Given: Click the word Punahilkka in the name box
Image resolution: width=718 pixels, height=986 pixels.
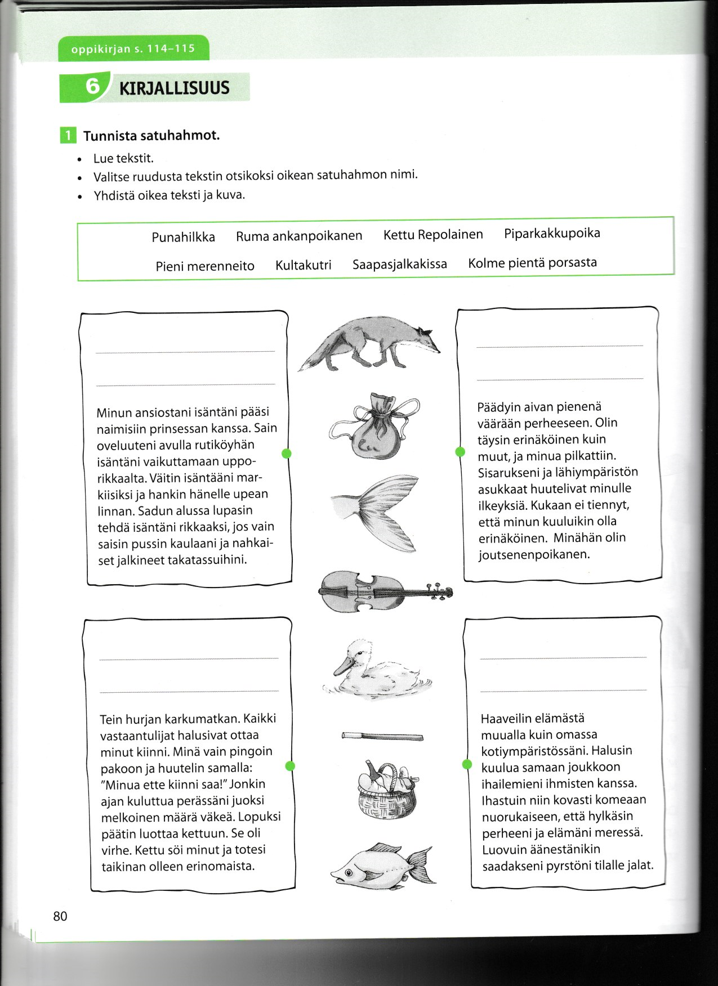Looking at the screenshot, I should click(x=183, y=237).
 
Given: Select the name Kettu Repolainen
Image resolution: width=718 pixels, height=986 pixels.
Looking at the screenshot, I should click(x=432, y=234).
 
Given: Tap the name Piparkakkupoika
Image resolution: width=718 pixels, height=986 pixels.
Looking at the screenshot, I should click(x=552, y=233).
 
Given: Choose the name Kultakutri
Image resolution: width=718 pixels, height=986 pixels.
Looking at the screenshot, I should click(x=303, y=265).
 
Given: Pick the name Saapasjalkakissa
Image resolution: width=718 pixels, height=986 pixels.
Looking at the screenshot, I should click(x=399, y=264).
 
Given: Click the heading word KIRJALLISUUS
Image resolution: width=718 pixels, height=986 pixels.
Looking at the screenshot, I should click(x=174, y=88).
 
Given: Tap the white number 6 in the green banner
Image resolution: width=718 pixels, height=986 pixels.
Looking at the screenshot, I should click(x=92, y=87).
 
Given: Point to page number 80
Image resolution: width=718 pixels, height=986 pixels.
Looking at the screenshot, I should click(x=60, y=917).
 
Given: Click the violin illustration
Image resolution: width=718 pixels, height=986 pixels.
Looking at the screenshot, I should click(x=385, y=591).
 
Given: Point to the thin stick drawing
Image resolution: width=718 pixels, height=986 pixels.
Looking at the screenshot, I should click(x=382, y=736).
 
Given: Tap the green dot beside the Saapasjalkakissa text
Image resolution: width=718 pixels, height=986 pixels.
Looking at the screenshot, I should click(x=286, y=454).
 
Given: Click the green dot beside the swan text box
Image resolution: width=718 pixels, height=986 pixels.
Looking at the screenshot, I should click(x=460, y=451).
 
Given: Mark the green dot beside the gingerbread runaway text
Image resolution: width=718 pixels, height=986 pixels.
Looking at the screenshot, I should click(x=290, y=765).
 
